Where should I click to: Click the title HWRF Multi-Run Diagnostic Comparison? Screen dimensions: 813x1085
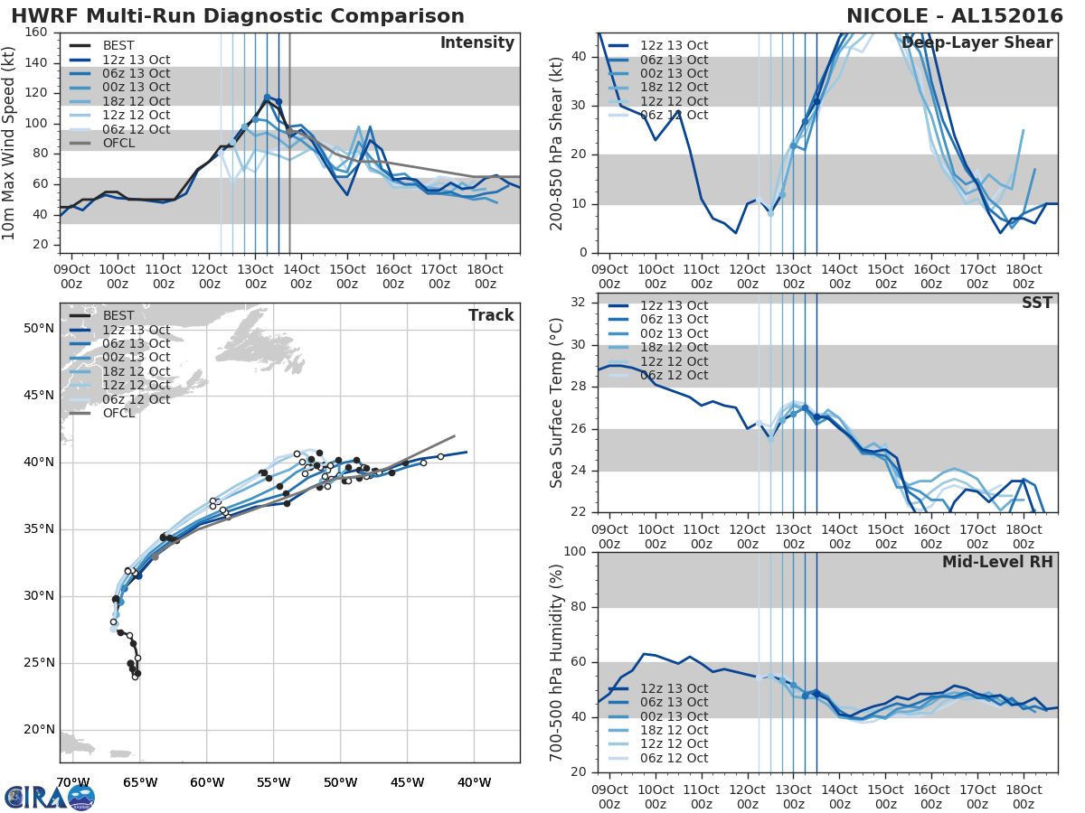click(x=238, y=16)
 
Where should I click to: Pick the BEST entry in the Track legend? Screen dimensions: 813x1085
click(x=118, y=315)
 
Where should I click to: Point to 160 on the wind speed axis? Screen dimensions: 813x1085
click(x=37, y=33)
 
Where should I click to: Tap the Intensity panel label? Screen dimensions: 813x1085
click(x=476, y=43)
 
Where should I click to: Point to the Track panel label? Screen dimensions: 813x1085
click(x=491, y=315)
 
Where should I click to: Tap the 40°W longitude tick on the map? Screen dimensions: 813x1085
click(x=474, y=782)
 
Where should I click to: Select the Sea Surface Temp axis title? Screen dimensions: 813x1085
click(x=558, y=403)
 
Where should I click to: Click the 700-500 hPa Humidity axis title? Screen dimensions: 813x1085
click(x=558, y=661)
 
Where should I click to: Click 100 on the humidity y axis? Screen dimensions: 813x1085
click(x=576, y=552)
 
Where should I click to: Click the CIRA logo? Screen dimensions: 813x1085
click(x=50, y=797)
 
